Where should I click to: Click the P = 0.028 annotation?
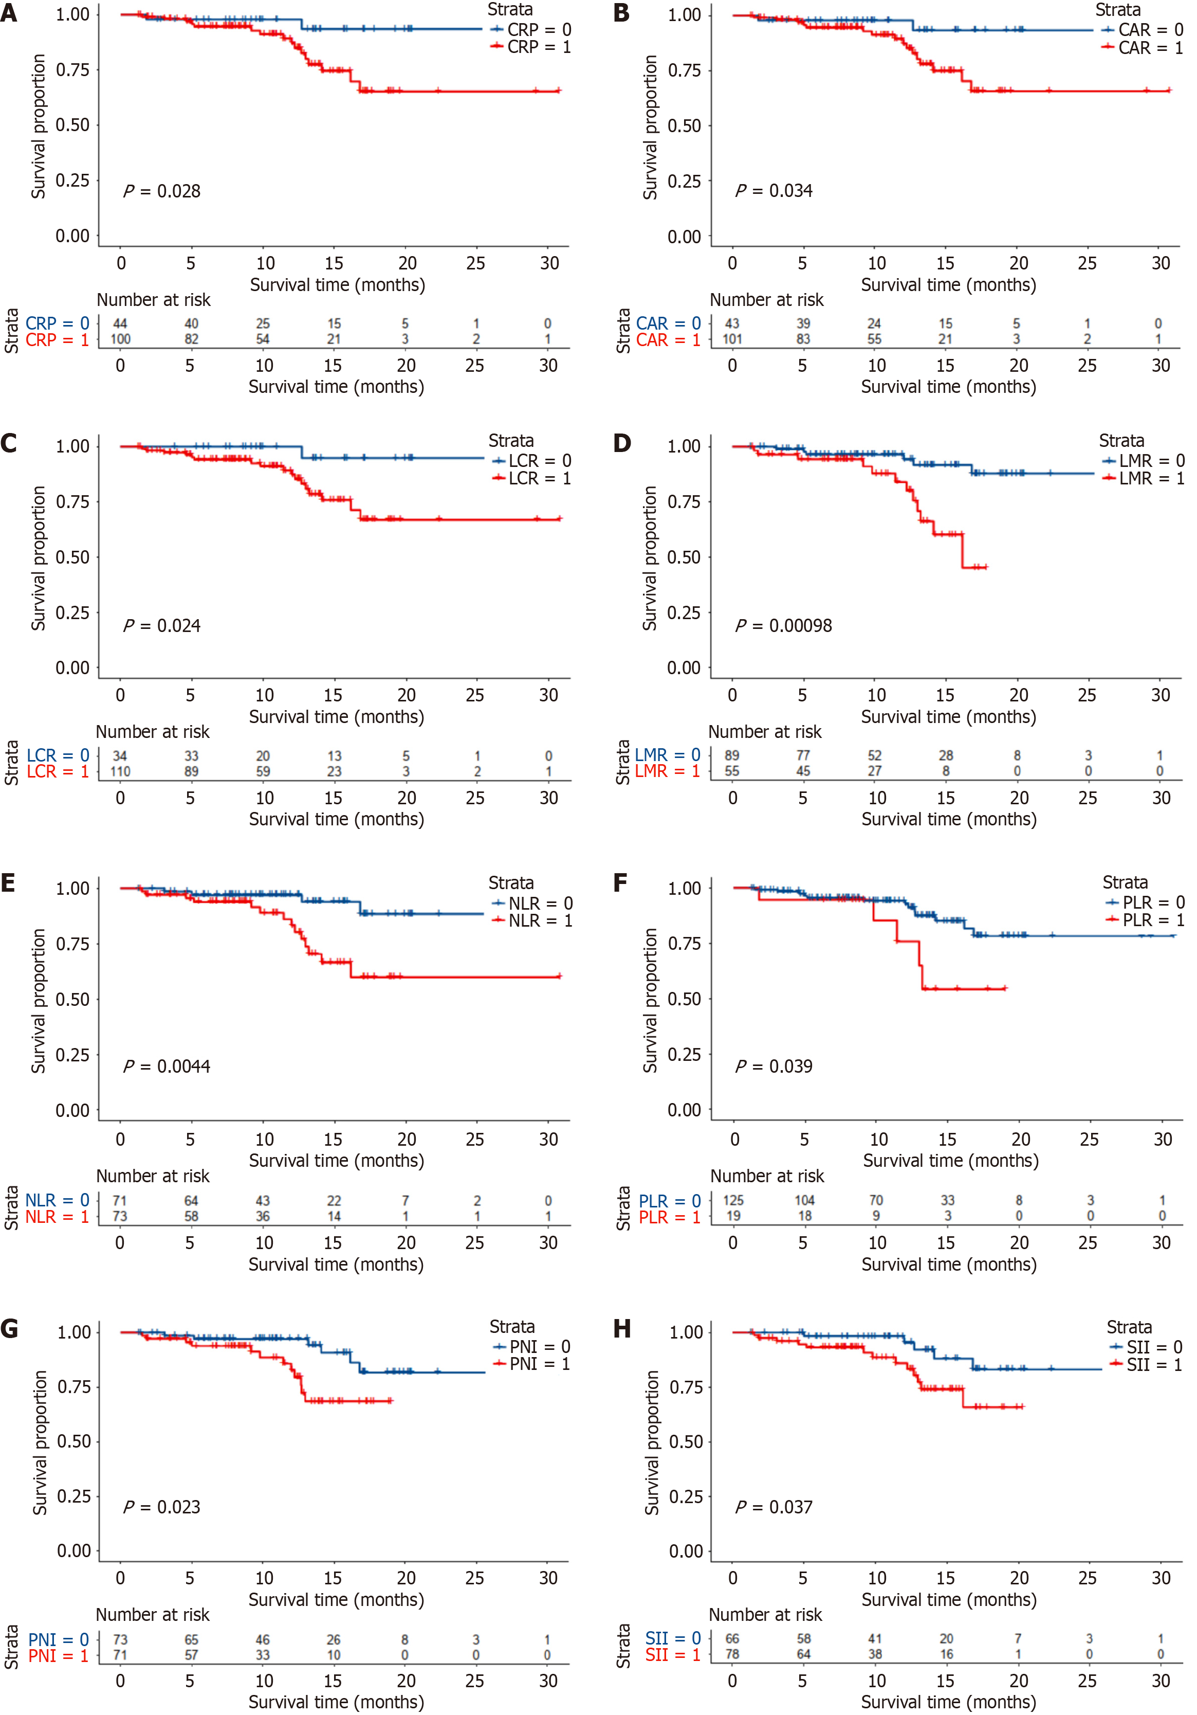[x=162, y=191]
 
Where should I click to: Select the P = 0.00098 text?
[x=783, y=625]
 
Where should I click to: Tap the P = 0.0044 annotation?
[x=167, y=1066]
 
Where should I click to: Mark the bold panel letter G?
[x=10, y=1329]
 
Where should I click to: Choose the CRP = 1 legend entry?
[x=531, y=47]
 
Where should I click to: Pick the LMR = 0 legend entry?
[x=1143, y=461]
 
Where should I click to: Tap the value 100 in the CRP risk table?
[x=120, y=339]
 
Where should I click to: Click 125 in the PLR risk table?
[x=733, y=1200]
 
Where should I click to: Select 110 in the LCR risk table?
[x=120, y=771]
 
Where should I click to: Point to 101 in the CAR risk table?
[x=732, y=339]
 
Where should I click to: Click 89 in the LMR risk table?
[x=732, y=755]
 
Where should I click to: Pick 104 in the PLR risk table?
[x=804, y=1200]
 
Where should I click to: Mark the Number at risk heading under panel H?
[x=765, y=1614]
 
